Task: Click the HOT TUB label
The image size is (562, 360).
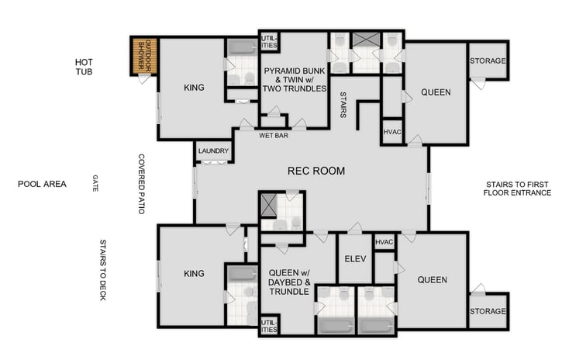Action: tap(84, 67)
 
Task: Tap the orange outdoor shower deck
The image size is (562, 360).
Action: tap(144, 57)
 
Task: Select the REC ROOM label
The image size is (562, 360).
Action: tap(315, 171)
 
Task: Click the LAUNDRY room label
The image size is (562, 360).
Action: tap(212, 151)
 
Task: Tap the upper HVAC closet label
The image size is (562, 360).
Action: tap(392, 132)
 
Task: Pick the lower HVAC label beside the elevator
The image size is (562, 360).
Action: tap(384, 242)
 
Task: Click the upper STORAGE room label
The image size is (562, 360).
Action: tap(488, 61)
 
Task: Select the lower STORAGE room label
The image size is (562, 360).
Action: tap(488, 311)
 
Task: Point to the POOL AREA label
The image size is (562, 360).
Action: tap(43, 185)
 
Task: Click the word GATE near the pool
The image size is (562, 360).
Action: tap(95, 184)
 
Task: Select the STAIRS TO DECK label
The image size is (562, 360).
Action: tap(105, 258)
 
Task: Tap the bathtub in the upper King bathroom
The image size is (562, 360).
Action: tap(241, 45)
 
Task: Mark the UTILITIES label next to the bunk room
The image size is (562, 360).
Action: tap(268, 40)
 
